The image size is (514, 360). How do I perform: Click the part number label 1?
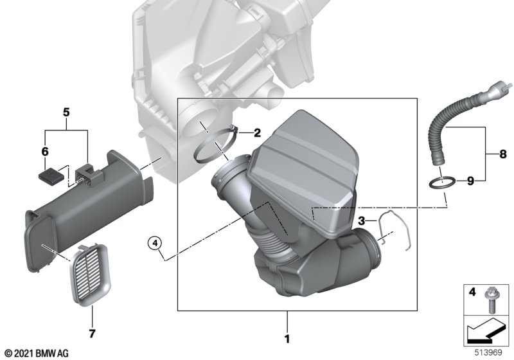pyautogui.click(x=287, y=337)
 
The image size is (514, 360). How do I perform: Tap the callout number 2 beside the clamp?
pyautogui.click(x=257, y=134)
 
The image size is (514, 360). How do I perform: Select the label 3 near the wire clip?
pyautogui.click(x=362, y=221)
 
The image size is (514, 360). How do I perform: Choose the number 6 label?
pyautogui.click(x=44, y=152)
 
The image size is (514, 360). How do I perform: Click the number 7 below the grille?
pyautogui.click(x=92, y=333)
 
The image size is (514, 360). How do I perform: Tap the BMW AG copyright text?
pyautogui.click(x=36, y=352)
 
